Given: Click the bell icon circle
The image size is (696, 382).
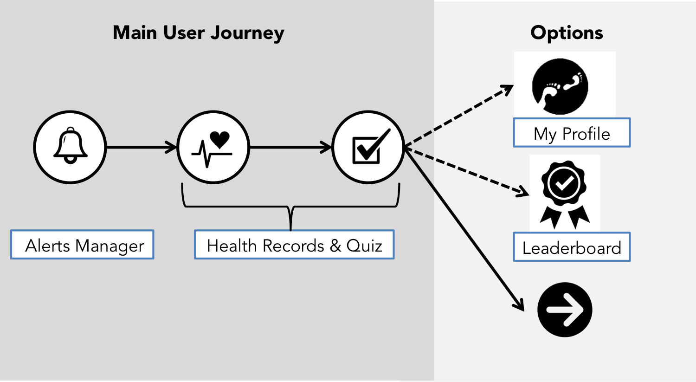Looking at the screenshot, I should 70,147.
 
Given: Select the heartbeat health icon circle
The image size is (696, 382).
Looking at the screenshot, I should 213,147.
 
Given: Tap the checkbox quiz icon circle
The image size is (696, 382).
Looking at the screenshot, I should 368,147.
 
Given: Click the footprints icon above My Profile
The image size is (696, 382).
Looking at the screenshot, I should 560,86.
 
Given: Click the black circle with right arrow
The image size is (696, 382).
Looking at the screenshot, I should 565,310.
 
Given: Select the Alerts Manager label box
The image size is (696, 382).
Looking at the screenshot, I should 82,245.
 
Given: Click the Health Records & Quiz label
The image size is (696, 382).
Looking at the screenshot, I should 294,245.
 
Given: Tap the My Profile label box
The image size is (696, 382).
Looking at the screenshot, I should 572,133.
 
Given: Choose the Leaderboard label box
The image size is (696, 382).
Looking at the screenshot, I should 572,247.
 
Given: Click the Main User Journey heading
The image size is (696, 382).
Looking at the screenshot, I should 199,33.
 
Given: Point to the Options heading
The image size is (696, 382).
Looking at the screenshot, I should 567,33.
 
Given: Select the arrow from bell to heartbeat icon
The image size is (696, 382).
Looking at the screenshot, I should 142,148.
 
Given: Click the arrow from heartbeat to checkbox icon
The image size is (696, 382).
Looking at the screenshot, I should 290,148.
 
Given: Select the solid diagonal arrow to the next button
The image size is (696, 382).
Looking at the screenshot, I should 464,227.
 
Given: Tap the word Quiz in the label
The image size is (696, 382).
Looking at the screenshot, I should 364,246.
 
